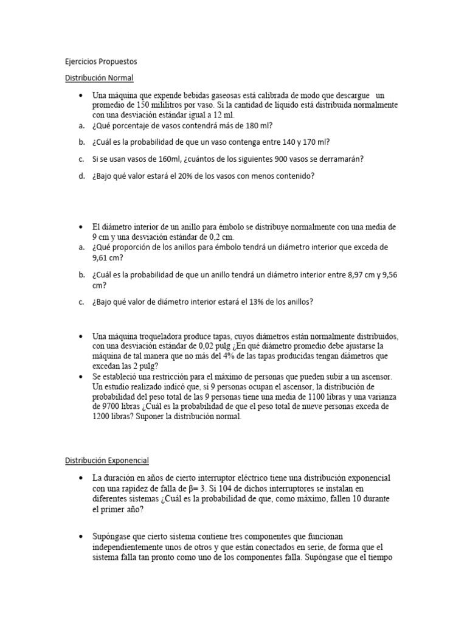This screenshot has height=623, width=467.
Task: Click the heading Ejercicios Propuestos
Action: pos(101,61)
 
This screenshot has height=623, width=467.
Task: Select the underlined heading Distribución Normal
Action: pos(99,78)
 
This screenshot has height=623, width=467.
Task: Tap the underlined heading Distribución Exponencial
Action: pos(107,461)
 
